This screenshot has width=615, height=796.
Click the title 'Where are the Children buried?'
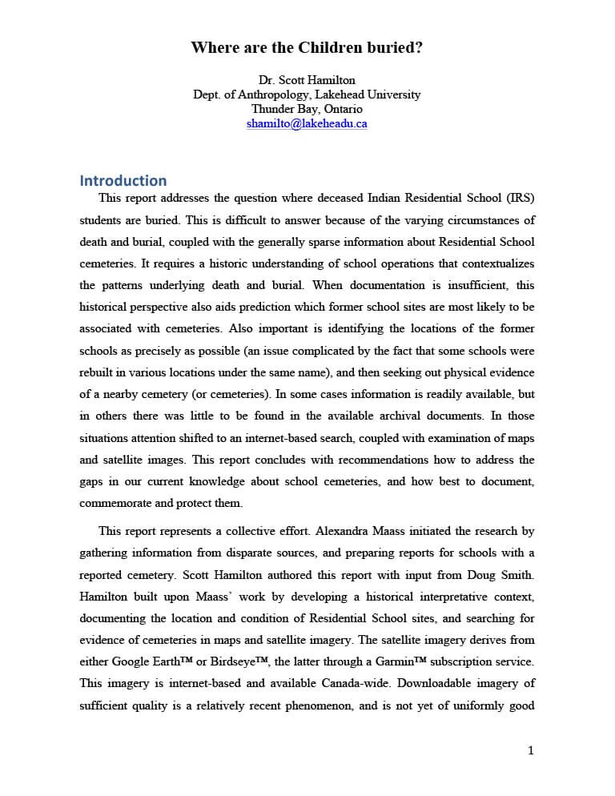[x=307, y=48]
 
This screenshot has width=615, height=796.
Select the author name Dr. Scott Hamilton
[x=307, y=80]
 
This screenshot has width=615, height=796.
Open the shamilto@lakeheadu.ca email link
[x=307, y=123]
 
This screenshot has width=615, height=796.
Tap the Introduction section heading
[x=123, y=180]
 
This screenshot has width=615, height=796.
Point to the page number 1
[x=530, y=750]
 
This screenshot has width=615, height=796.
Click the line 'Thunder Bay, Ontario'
[x=307, y=109]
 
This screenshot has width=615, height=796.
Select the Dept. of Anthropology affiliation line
[x=307, y=94]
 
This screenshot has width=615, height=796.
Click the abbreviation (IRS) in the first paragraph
[x=520, y=198]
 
